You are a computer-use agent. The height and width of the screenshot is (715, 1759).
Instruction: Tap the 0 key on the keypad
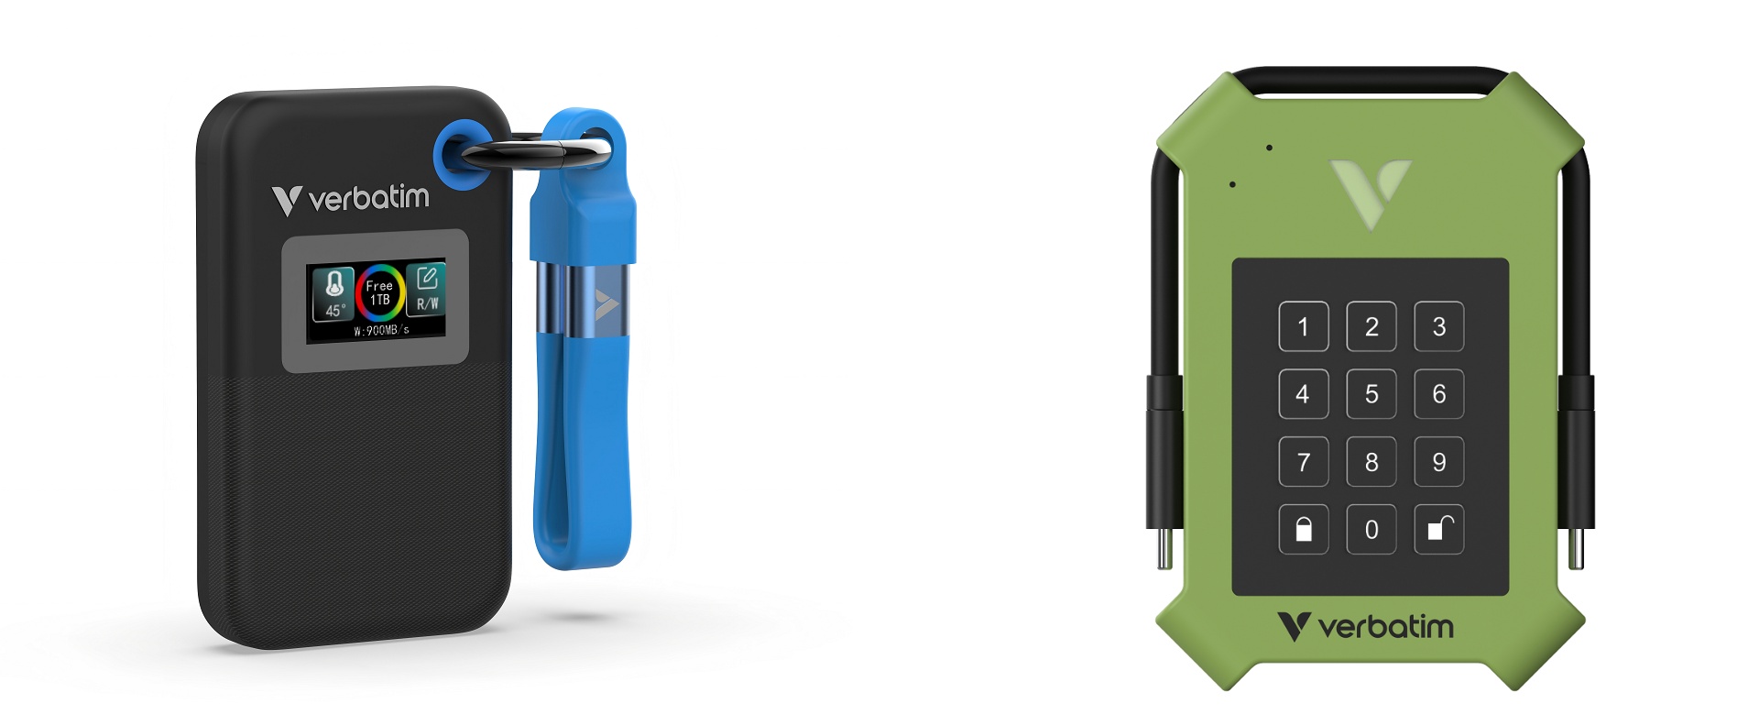1371,529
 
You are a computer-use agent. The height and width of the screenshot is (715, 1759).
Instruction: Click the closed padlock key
1303,529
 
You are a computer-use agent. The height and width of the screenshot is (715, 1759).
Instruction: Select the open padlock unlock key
1438,529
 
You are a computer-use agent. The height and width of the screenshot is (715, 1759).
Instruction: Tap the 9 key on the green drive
1438,461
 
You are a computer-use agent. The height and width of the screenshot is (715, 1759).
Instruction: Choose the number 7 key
1303,461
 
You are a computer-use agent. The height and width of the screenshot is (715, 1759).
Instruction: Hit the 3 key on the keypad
1438,326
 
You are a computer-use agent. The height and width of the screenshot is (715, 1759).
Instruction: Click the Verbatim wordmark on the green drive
1365,627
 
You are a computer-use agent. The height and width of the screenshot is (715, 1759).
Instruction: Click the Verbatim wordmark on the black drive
350,199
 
